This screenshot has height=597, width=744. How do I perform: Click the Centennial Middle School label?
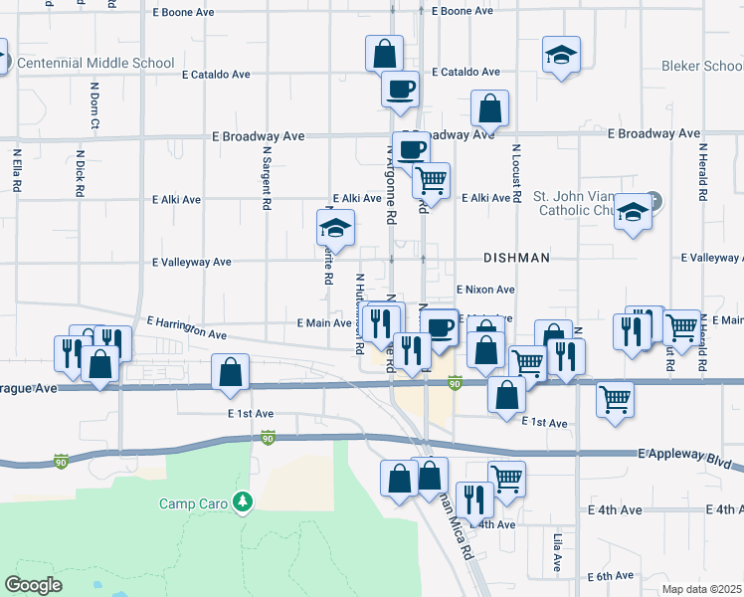[97, 64]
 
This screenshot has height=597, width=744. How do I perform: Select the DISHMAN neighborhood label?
[516, 258]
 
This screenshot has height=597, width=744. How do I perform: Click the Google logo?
[33, 585]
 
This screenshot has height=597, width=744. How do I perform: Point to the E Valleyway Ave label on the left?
[191, 263]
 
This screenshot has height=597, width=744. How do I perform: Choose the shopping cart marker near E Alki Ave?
[432, 181]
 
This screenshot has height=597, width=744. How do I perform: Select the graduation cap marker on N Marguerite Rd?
[336, 230]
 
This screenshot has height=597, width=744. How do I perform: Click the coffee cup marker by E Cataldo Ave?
[400, 89]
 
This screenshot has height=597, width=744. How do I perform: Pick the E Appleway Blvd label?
[686, 454]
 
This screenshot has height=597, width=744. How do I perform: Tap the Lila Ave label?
[558, 552]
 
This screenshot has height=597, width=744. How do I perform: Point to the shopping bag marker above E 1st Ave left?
[230, 374]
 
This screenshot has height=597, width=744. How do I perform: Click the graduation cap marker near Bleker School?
[561, 56]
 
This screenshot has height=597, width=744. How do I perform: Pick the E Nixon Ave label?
[485, 289]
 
